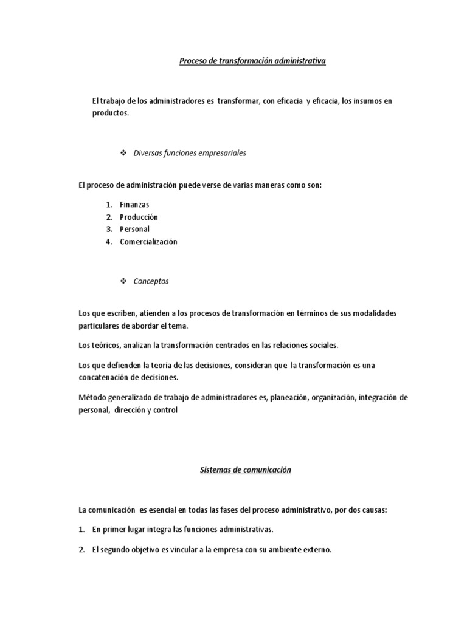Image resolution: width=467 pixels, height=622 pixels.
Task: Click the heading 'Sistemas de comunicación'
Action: (x=246, y=470)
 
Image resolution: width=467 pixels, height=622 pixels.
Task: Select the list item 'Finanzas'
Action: (x=134, y=205)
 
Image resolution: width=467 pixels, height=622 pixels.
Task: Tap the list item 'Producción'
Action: (x=139, y=217)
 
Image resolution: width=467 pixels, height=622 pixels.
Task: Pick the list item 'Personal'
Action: (x=134, y=229)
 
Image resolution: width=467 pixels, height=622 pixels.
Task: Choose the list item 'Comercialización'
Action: (x=148, y=241)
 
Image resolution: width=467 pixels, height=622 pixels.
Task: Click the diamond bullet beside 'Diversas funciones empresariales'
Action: (x=123, y=153)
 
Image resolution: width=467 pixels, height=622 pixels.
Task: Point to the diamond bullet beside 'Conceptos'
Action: (x=123, y=281)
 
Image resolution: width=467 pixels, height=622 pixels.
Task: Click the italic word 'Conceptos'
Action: (x=151, y=281)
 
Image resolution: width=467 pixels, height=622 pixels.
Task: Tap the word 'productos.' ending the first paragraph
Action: (x=111, y=113)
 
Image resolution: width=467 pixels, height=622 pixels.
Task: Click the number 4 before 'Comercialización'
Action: (x=108, y=241)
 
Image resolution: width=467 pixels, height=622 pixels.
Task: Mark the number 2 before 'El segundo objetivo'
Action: (x=81, y=550)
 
